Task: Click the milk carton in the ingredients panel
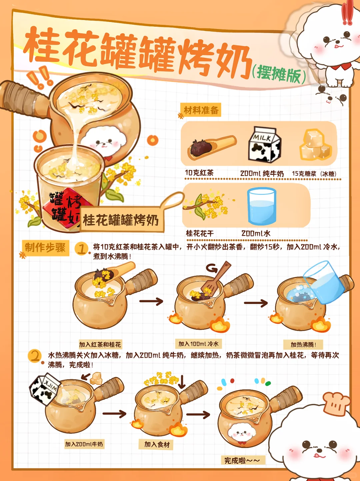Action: click(x=265, y=144)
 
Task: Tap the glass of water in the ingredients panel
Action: click(x=261, y=206)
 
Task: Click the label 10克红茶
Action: click(x=199, y=173)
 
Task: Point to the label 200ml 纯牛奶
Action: click(x=262, y=174)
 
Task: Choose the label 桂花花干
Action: click(x=200, y=233)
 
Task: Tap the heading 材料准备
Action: click(x=201, y=110)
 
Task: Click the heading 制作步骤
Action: click(x=45, y=248)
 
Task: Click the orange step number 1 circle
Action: click(x=81, y=249)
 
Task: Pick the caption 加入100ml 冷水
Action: click(x=198, y=344)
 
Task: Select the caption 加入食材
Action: click(x=157, y=444)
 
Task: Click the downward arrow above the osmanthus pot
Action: click(x=182, y=381)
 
